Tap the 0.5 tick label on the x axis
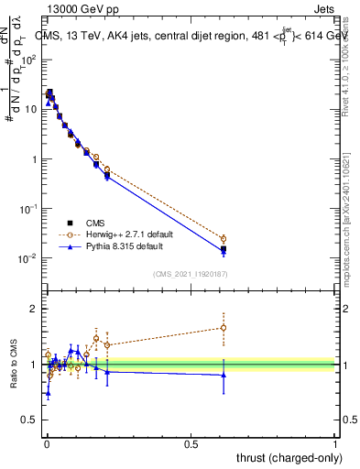click(191, 444)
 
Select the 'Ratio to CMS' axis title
click(12, 365)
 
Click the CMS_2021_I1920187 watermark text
click(191, 274)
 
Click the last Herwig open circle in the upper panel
click(223, 239)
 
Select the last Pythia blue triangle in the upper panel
click(223, 251)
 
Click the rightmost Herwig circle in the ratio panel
click(223, 327)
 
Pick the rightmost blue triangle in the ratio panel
click(223, 374)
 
